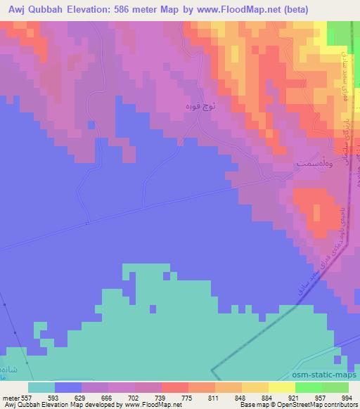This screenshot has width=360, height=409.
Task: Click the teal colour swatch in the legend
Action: pyautogui.click(x=41, y=387)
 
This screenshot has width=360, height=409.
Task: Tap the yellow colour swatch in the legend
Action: pyautogui.click(x=281, y=387)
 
